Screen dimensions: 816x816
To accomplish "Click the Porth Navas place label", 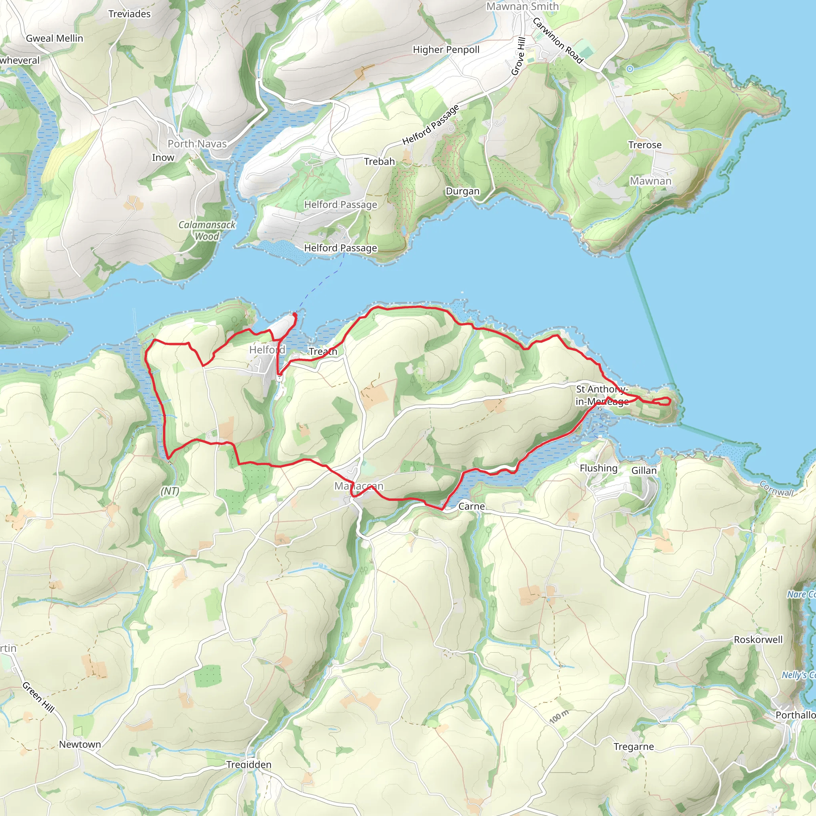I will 197,143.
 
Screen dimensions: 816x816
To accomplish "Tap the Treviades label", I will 129,14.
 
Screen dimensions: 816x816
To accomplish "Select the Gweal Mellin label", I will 55,38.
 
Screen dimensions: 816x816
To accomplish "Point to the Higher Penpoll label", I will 446,50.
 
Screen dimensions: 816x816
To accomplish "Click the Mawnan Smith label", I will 522,6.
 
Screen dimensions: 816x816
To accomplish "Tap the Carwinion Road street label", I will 557,41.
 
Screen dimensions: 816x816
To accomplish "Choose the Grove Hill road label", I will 518,57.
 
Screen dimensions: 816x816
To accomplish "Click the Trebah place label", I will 379,161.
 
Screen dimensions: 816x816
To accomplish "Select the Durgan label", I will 463,191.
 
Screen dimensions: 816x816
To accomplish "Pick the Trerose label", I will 645,145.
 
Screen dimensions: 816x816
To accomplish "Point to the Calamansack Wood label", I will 206,231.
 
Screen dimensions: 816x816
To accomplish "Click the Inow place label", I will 163,157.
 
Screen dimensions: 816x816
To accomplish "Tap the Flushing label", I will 598,468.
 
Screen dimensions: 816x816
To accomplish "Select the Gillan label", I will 644,471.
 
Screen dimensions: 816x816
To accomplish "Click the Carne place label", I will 471,506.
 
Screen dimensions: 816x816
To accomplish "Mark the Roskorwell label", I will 758,639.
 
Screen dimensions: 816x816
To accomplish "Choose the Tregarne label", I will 634,747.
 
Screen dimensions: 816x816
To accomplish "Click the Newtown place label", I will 80,744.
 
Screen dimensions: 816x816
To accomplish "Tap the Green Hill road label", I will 38,697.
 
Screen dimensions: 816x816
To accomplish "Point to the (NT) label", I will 170,491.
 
